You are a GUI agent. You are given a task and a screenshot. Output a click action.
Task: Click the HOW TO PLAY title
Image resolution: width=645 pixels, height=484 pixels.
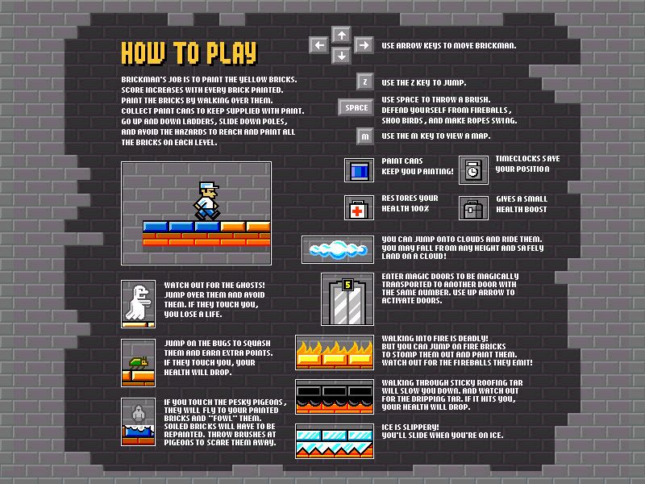pos(189,53)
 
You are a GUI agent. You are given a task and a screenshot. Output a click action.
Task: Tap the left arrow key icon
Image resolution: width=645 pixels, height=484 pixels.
pos(318,45)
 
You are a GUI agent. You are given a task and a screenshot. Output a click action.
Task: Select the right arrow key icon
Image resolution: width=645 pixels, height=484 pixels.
pos(364,45)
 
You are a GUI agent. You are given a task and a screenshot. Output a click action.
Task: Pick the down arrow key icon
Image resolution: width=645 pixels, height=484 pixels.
pos(341,55)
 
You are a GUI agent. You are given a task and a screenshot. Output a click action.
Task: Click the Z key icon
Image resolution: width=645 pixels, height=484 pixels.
pos(365,82)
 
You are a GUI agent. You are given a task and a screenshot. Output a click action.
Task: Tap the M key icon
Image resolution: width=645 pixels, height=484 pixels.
pos(365,136)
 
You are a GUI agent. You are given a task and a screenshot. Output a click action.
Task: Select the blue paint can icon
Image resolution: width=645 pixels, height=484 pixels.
pos(359,170)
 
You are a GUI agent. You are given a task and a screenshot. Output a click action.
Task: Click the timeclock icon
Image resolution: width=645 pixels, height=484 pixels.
pos(473,170)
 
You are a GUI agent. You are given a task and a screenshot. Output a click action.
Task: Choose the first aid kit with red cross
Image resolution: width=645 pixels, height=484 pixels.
pos(359,208)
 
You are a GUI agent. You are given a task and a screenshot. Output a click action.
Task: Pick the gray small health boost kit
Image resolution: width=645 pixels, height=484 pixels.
pos(473,208)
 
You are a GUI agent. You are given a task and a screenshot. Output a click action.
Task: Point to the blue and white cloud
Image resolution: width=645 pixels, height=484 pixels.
pos(338,249)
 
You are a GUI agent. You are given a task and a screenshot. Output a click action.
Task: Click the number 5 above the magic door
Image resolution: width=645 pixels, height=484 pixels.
pos(348,285)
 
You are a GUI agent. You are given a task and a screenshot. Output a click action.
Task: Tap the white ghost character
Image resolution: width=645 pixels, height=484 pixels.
pos(138,302)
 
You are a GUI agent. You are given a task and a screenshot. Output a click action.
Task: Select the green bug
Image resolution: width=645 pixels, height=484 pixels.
pos(138,362)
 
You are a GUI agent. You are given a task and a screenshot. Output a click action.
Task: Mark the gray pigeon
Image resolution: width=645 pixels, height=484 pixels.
pos(138,413)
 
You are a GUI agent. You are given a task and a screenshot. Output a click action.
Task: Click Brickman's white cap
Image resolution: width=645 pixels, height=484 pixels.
pos(209,186)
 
